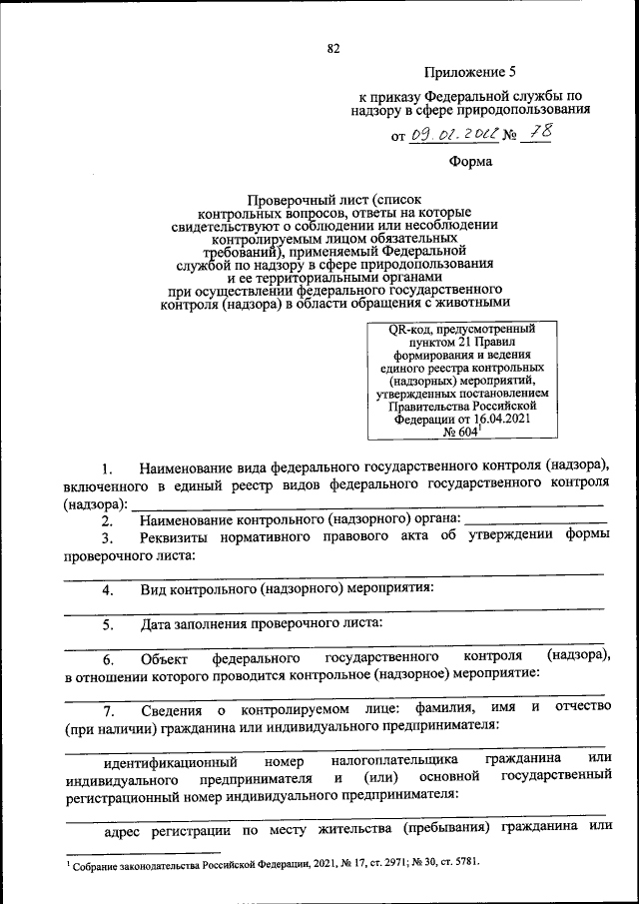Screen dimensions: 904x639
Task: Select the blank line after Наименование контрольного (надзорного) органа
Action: [535, 520]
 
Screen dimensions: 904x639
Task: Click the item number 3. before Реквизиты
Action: [111, 539]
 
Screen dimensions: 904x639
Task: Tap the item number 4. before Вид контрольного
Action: [111, 590]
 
